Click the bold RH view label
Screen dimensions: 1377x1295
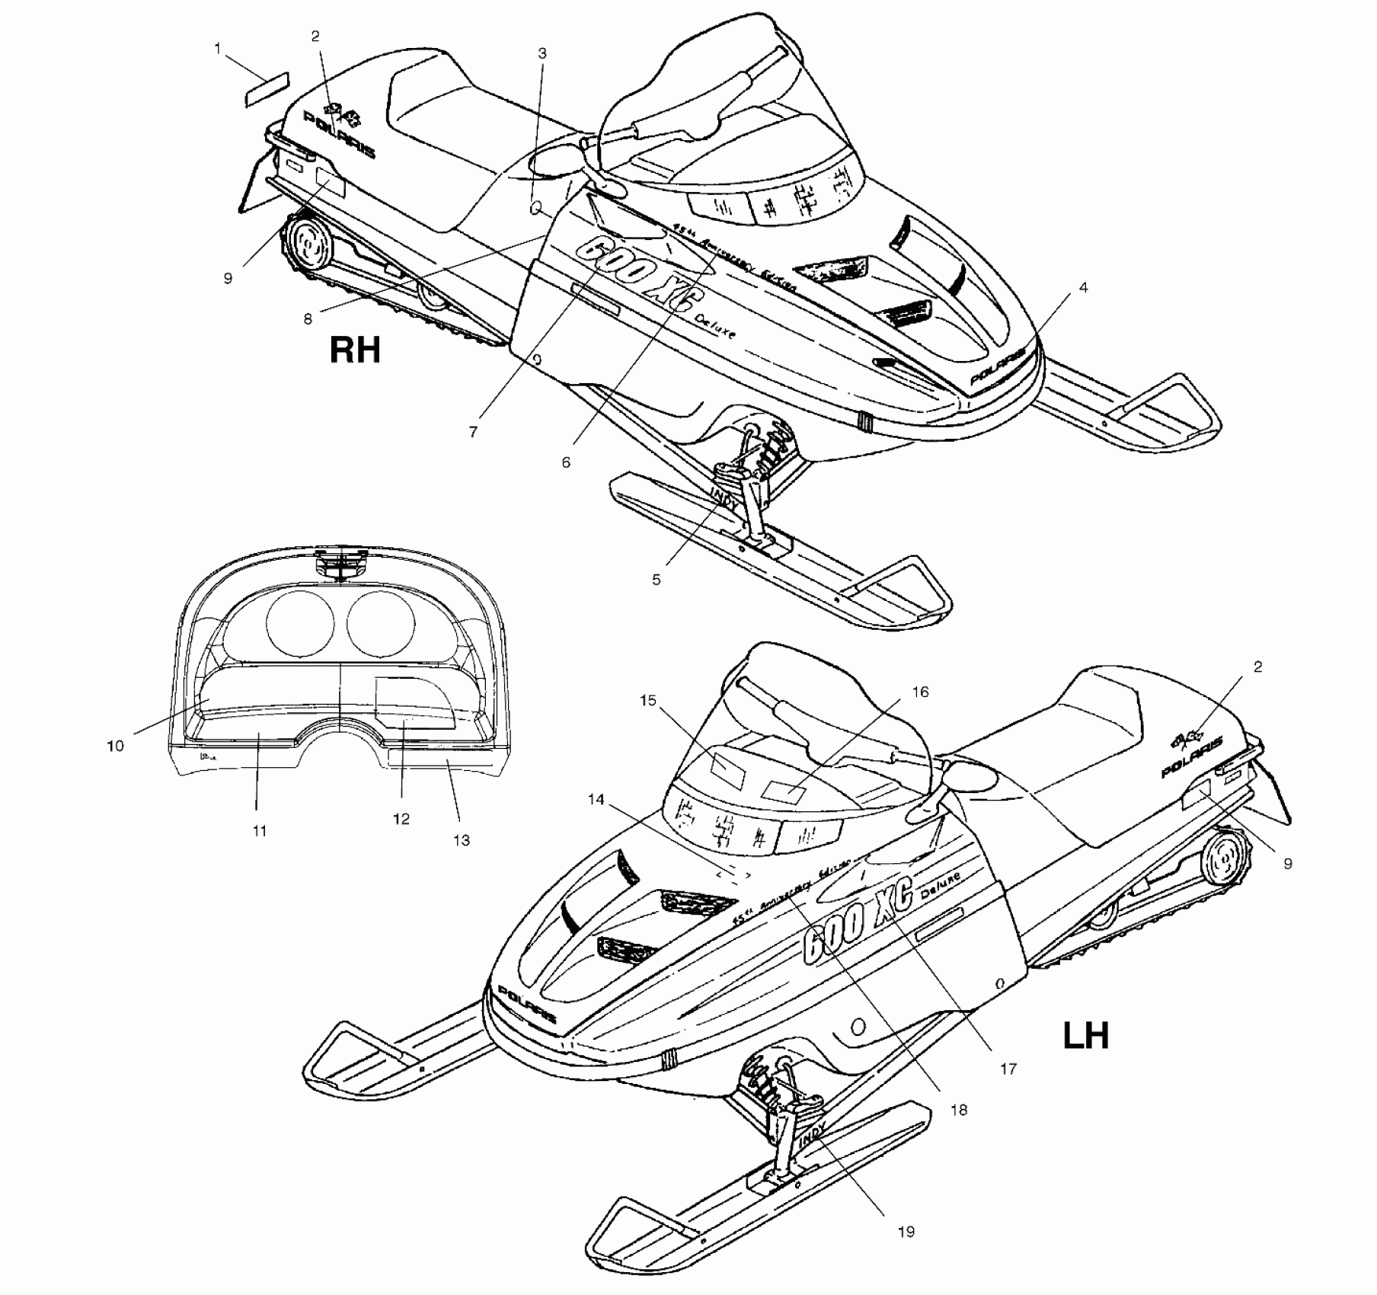tap(354, 350)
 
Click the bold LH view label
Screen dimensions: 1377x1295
tap(1085, 1036)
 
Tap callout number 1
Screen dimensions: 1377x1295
tap(218, 49)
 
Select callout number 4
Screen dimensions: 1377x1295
tap(1083, 288)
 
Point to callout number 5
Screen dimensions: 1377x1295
tap(656, 580)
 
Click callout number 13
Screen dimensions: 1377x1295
tap(461, 840)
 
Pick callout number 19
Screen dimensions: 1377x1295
tap(906, 1232)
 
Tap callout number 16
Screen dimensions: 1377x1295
tap(920, 692)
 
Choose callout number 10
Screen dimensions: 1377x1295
tap(115, 746)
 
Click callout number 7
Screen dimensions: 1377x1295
tap(473, 432)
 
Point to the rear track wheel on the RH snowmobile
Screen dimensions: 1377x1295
tap(308, 245)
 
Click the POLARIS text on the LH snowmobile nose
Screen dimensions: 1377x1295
tap(527, 1004)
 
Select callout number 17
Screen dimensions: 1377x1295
tap(1008, 1070)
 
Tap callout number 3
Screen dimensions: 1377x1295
tap(542, 53)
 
